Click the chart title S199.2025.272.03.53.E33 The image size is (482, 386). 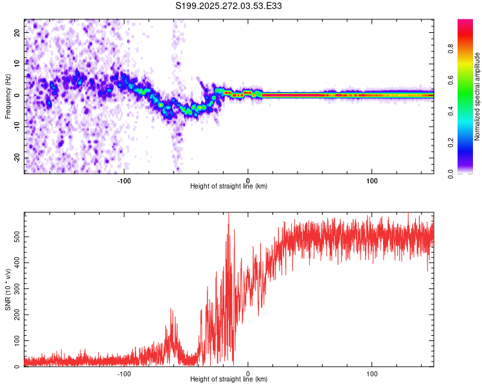click(x=229, y=6)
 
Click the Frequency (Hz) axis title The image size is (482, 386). click(x=8, y=95)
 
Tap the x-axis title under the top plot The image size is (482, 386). click(x=229, y=186)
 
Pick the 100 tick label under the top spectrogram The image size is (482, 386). click(x=371, y=179)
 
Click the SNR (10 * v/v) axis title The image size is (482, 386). click(x=8, y=289)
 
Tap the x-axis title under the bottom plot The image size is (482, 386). click(x=229, y=379)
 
